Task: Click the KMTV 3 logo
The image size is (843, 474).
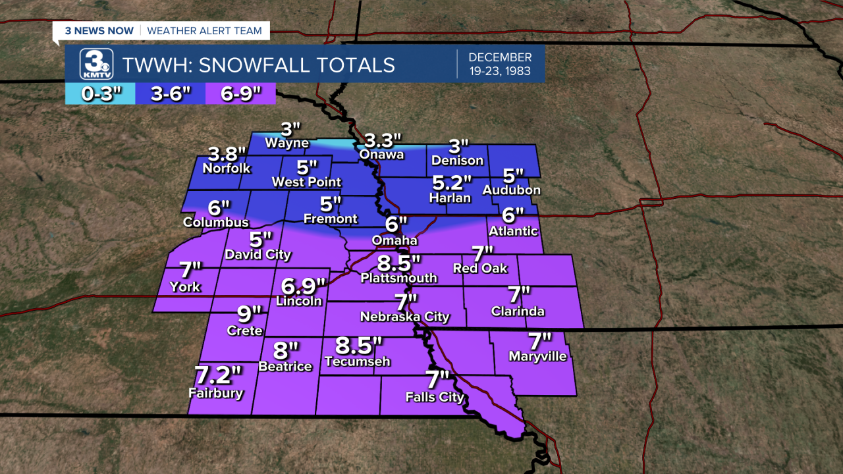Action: [x=96, y=65]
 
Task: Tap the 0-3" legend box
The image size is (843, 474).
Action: [x=102, y=94]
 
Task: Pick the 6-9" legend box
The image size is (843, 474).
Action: [x=238, y=94]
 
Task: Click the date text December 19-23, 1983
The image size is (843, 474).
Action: [x=500, y=64]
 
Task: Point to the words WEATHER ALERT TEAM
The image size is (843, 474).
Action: [x=204, y=30]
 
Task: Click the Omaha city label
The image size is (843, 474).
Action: [x=394, y=240]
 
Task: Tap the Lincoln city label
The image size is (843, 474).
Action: [x=299, y=301]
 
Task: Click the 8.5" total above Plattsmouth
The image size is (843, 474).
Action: [x=398, y=263]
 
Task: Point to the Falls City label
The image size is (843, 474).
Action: [x=435, y=397]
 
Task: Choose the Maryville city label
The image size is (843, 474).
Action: [x=537, y=356]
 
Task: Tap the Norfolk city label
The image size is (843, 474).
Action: [x=227, y=168]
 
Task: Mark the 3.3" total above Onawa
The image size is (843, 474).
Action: [x=383, y=140]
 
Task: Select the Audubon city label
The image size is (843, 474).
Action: [x=511, y=190]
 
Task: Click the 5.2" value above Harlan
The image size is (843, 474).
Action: [x=452, y=183]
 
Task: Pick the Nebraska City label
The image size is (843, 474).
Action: [x=404, y=317]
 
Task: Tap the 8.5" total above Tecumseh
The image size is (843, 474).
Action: [x=358, y=345]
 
